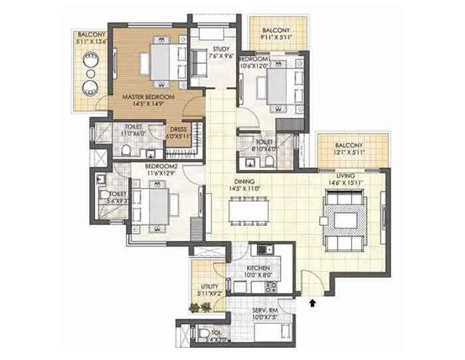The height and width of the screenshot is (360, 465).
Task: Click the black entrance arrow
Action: pyautogui.click(x=313, y=303)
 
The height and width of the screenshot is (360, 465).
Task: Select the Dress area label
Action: pyautogui.click(x=177, y=130)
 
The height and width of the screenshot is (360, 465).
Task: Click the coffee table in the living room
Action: pyautogui.click(x=343, y=218)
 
